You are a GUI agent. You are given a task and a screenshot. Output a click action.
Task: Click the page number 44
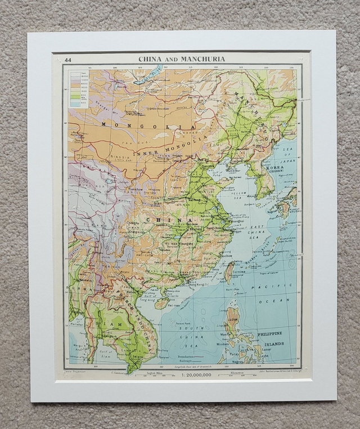pos(68,60)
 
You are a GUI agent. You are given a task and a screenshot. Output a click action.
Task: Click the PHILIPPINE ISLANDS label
pos(271,338)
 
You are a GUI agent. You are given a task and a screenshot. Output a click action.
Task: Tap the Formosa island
pos(229,272)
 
